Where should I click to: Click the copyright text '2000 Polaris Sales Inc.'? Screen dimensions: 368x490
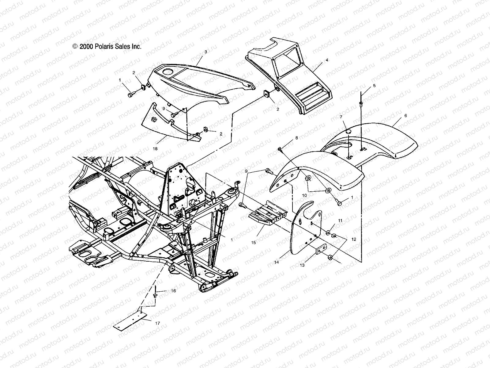coord(107,47)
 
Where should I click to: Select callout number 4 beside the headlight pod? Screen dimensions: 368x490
coord(327,60)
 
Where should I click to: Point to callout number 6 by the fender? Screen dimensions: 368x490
coord(405,116)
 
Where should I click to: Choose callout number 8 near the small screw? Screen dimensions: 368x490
coord(296,138)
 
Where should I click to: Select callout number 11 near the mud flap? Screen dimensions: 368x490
coord(340,220)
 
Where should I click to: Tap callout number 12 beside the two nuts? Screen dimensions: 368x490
coord(354,240)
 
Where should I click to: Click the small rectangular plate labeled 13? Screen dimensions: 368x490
coord(321,251)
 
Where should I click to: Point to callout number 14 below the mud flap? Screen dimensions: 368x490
coord(276,263)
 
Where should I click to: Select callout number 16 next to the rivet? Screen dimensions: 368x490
coord(173,291)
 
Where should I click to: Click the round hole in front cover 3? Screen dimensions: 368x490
coord(176,72)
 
